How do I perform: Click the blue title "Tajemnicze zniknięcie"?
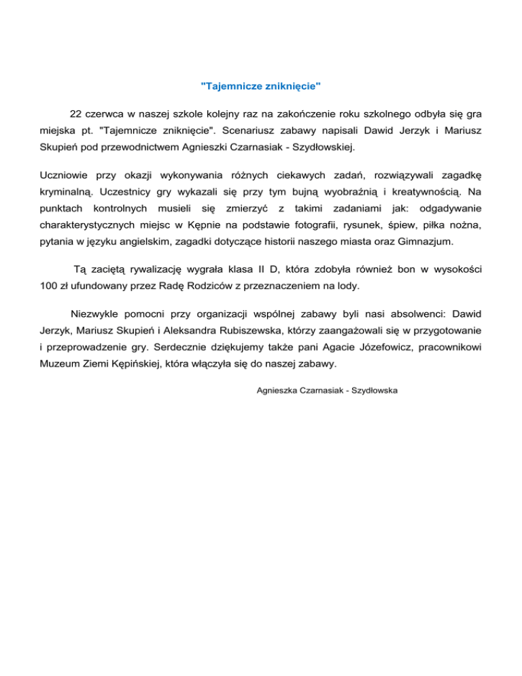(x=261, y=86)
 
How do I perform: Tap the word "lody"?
(x=345, y=286)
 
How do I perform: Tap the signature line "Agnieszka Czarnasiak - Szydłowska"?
(x=327, y=391)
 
